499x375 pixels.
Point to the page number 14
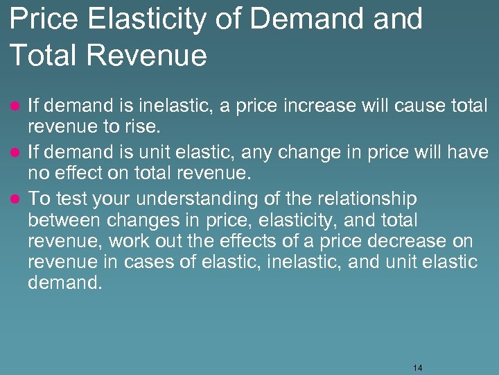(x=417, y=367)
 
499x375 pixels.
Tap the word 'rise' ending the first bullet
(x=145, y=128)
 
